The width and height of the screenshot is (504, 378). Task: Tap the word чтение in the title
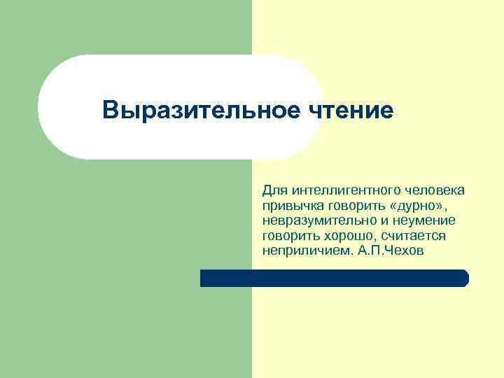(x=350, y=110)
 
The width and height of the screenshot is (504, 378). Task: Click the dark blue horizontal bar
(x=334, y=279)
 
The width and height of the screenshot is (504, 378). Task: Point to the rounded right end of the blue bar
(x=464, y=279)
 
